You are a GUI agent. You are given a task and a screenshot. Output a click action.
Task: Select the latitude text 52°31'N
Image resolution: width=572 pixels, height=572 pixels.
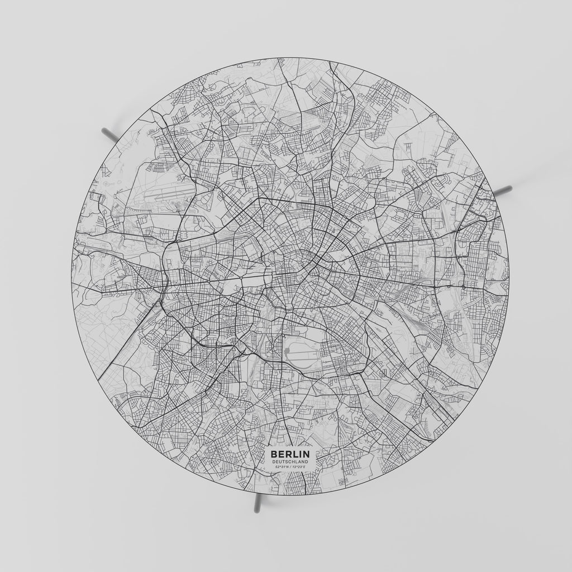[x=282, y=466]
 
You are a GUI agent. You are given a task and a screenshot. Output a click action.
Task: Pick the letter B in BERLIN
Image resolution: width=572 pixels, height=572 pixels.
[x=274, y=455]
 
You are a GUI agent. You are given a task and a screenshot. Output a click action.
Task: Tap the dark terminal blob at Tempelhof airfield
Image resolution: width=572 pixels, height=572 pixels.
[x=287, y=352]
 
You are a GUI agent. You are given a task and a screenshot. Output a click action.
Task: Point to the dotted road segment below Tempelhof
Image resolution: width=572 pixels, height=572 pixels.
[x=327, y=378]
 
